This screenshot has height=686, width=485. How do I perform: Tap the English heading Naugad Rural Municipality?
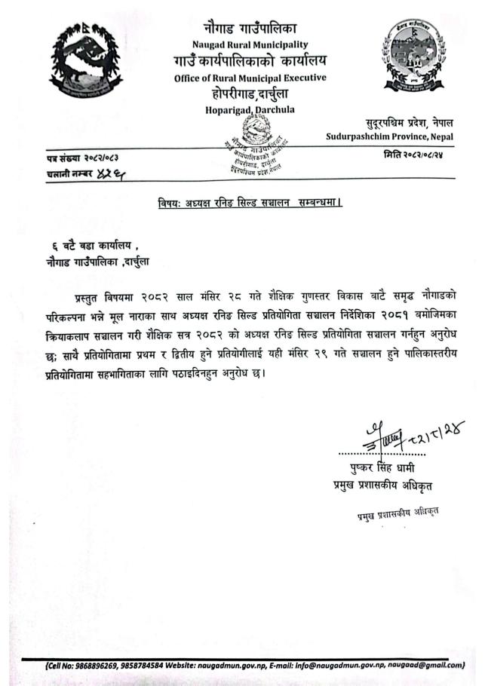pos(249,45)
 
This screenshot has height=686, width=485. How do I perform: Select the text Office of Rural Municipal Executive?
pos(250,78)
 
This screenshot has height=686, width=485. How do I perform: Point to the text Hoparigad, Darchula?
pos(250,111)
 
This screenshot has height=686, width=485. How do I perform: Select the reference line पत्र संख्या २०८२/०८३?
pos(84,158)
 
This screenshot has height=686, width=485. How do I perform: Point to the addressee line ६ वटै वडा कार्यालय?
pos(94,246)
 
